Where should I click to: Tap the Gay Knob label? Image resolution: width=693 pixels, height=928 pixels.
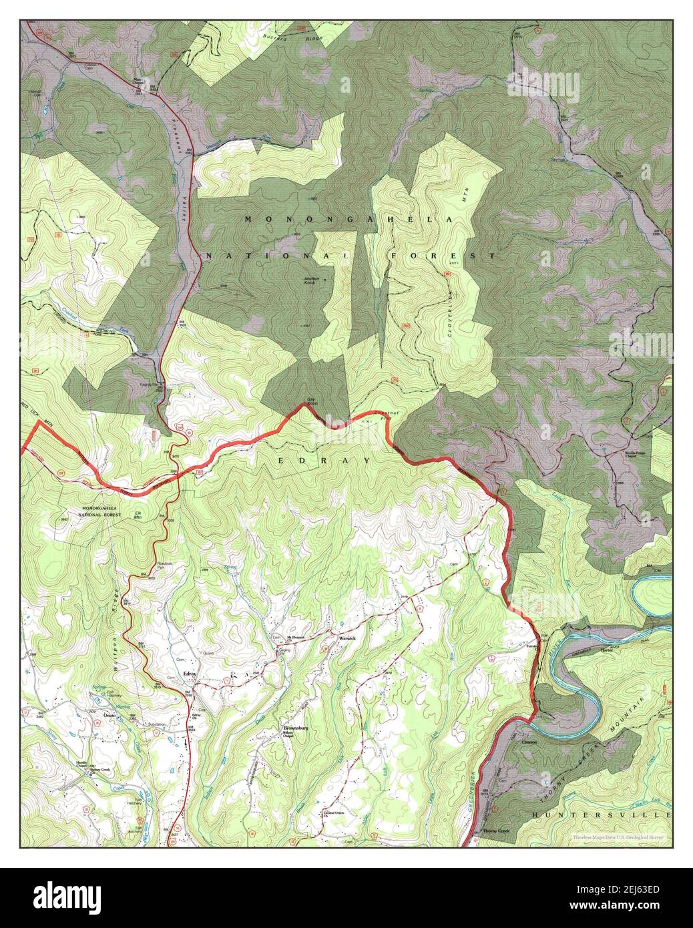(311, 403)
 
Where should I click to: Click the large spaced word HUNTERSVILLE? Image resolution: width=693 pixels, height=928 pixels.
(601, 815)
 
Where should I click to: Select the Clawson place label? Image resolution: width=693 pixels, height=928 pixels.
(529, 741)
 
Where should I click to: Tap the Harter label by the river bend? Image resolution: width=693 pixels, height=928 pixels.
(606, 648)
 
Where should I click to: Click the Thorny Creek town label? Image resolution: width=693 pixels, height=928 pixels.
(495, 831)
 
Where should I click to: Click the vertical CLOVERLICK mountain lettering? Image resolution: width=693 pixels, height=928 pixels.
(451, 312)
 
